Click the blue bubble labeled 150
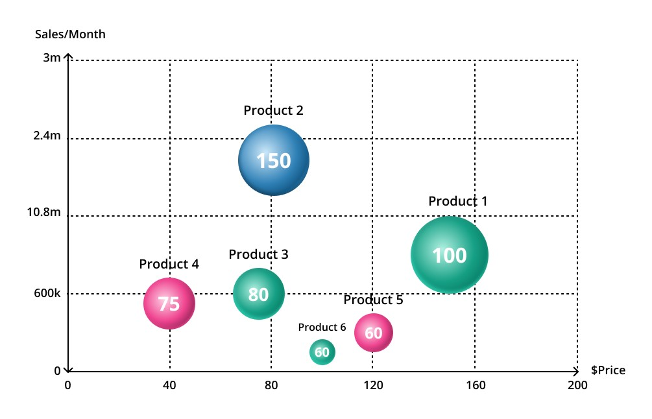pyautogui.click(x=273, y=160)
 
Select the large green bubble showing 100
pyautogui.click(x=449, y=255)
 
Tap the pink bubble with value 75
pyautogui.click(x=169, y=304)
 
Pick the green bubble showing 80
pyautogui.click(x=258, y=294)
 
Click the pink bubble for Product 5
pyautogui.click(x=374, y=333)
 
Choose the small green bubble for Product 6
pyautogui.click(x=322, y=352)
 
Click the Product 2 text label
pyautogui.click(x=273, y=111)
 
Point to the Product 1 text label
pyautogui.click(x=457, y=202)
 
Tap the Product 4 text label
pyautogui.click(x=169, y=265)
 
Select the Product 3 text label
pyautogui.click(x=258, y=255)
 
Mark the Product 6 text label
pyautogui.click(x=322, y=328)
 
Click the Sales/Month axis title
pyautogui.click(x=70, y=34)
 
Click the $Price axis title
pyautogui.click(x=608, y=370)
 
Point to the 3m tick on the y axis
pyautogui.click(x=52, y=58)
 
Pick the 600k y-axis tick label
pyautogui.click(x=47, y=293)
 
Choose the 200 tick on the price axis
pyautogui.click(x=577, y=385)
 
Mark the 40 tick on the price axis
pyautogui.click(x=169, y=385)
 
